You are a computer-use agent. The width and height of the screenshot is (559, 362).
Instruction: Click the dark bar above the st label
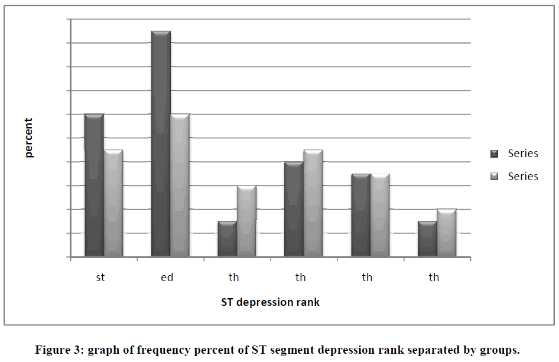(94, 185)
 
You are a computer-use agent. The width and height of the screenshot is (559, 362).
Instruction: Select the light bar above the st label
(113, 203)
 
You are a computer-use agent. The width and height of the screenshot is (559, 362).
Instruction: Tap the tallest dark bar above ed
(161, 144)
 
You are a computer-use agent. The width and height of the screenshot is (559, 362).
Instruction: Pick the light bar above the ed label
(180, 185)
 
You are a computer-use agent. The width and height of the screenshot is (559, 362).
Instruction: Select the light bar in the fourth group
(313, 203)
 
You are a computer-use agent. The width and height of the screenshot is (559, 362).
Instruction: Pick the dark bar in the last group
(427, 239)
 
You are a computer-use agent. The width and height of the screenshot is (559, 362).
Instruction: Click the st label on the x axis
(100, 277)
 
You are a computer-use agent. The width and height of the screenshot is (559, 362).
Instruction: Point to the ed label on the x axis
(167, 277)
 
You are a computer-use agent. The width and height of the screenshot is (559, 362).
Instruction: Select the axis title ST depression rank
(271, 302)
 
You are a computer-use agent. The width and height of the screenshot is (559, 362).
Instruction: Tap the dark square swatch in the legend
(495, 154)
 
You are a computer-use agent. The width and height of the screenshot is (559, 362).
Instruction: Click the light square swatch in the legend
(495, 177)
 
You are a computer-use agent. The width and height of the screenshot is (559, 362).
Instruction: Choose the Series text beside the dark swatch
(523, 154)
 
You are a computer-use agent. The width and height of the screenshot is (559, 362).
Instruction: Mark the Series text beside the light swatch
(523, 176)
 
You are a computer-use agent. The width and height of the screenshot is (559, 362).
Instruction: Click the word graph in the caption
(103, 350)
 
